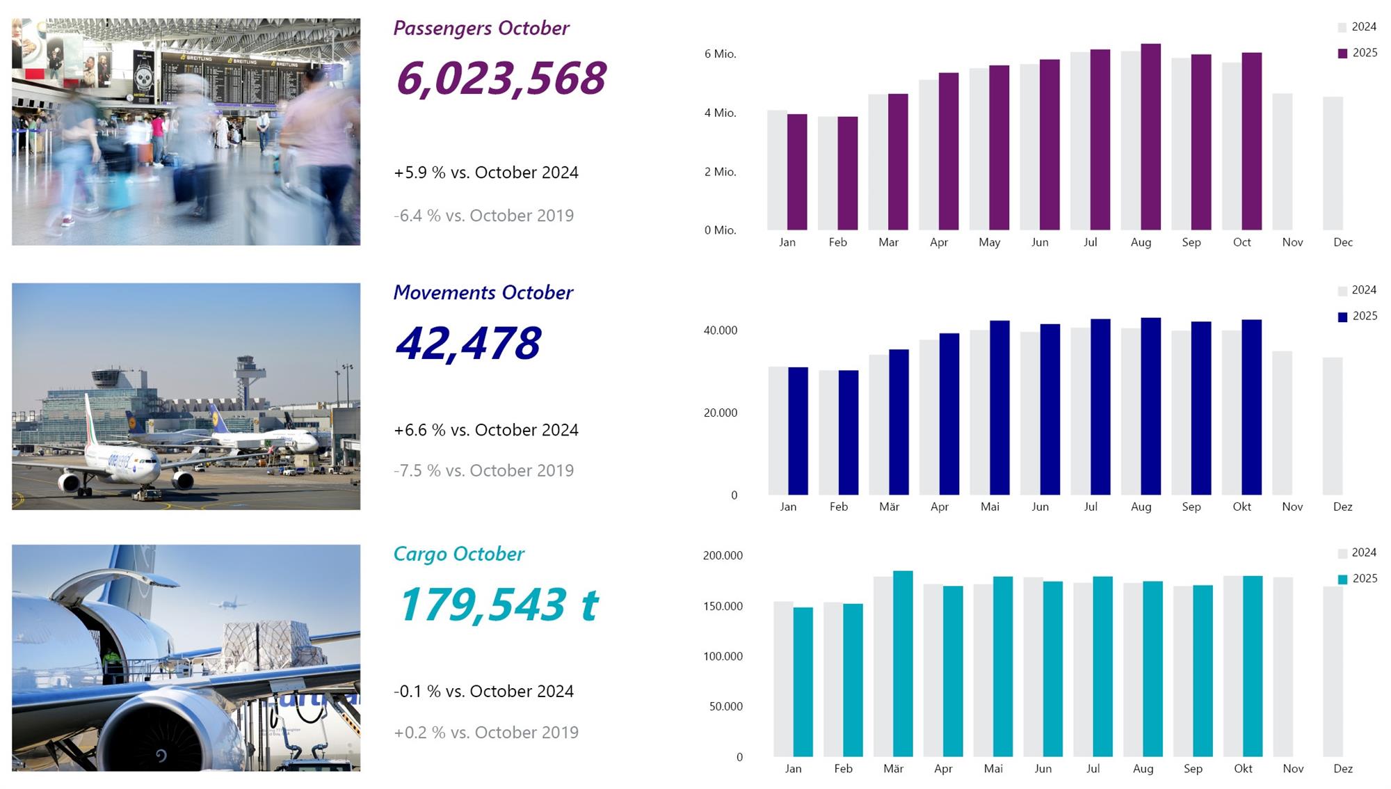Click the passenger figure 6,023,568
(x=501, y=78)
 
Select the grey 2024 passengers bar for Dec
(x=1333, y=164)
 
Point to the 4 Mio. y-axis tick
(x=720, y=113)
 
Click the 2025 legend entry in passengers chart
(x=1357, y=53)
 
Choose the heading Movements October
(x=483, y=292)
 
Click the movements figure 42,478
(x=468, y=343)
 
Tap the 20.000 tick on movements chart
(x=720, y=413)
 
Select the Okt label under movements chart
(x=1241, y=507)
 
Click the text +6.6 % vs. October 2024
(x=485, y=430)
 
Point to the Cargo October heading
(x=458, y=554)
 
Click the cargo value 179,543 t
(x=498, y=604)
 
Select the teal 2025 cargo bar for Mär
(x=903, y=664)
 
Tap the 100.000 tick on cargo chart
(x=723, y=656)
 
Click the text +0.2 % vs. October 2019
(x=485, y=733)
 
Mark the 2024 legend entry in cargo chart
(x=1357, y=552)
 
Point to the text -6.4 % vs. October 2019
(x=483, y=216)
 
